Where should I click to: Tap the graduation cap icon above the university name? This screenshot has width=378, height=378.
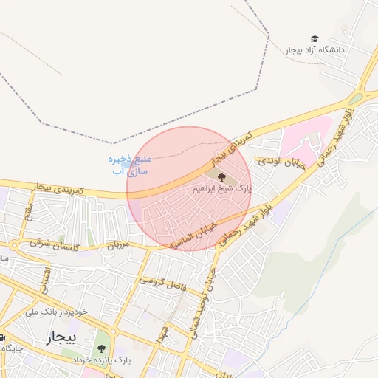pyautogui.click(x=315, y=39)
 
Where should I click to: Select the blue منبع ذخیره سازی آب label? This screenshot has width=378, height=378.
pyautogui.click(x=131, y=165)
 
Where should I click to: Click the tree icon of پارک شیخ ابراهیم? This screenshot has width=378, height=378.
pyautogui.click(x=221, y=176)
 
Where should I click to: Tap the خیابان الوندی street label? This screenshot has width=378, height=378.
pyautogui.click(x=280, y=161)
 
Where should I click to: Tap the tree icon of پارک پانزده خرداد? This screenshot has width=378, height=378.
pyautogui.click(x=101, y=345)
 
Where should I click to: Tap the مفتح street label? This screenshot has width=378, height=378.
pyautogui.click(x=27, y=212)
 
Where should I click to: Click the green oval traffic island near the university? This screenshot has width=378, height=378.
pyautogui.click(x=357, y=98)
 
